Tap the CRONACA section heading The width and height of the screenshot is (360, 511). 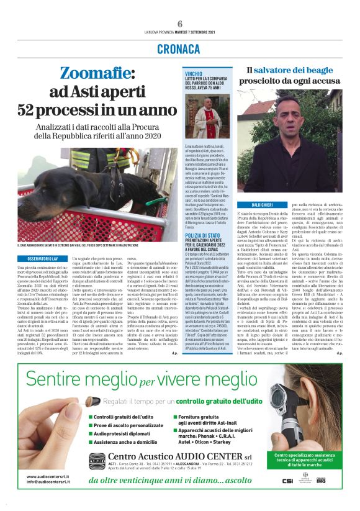[179, 48]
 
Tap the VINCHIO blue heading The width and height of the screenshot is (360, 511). [194, 74]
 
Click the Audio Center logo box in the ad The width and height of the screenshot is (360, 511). [97, 463]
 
